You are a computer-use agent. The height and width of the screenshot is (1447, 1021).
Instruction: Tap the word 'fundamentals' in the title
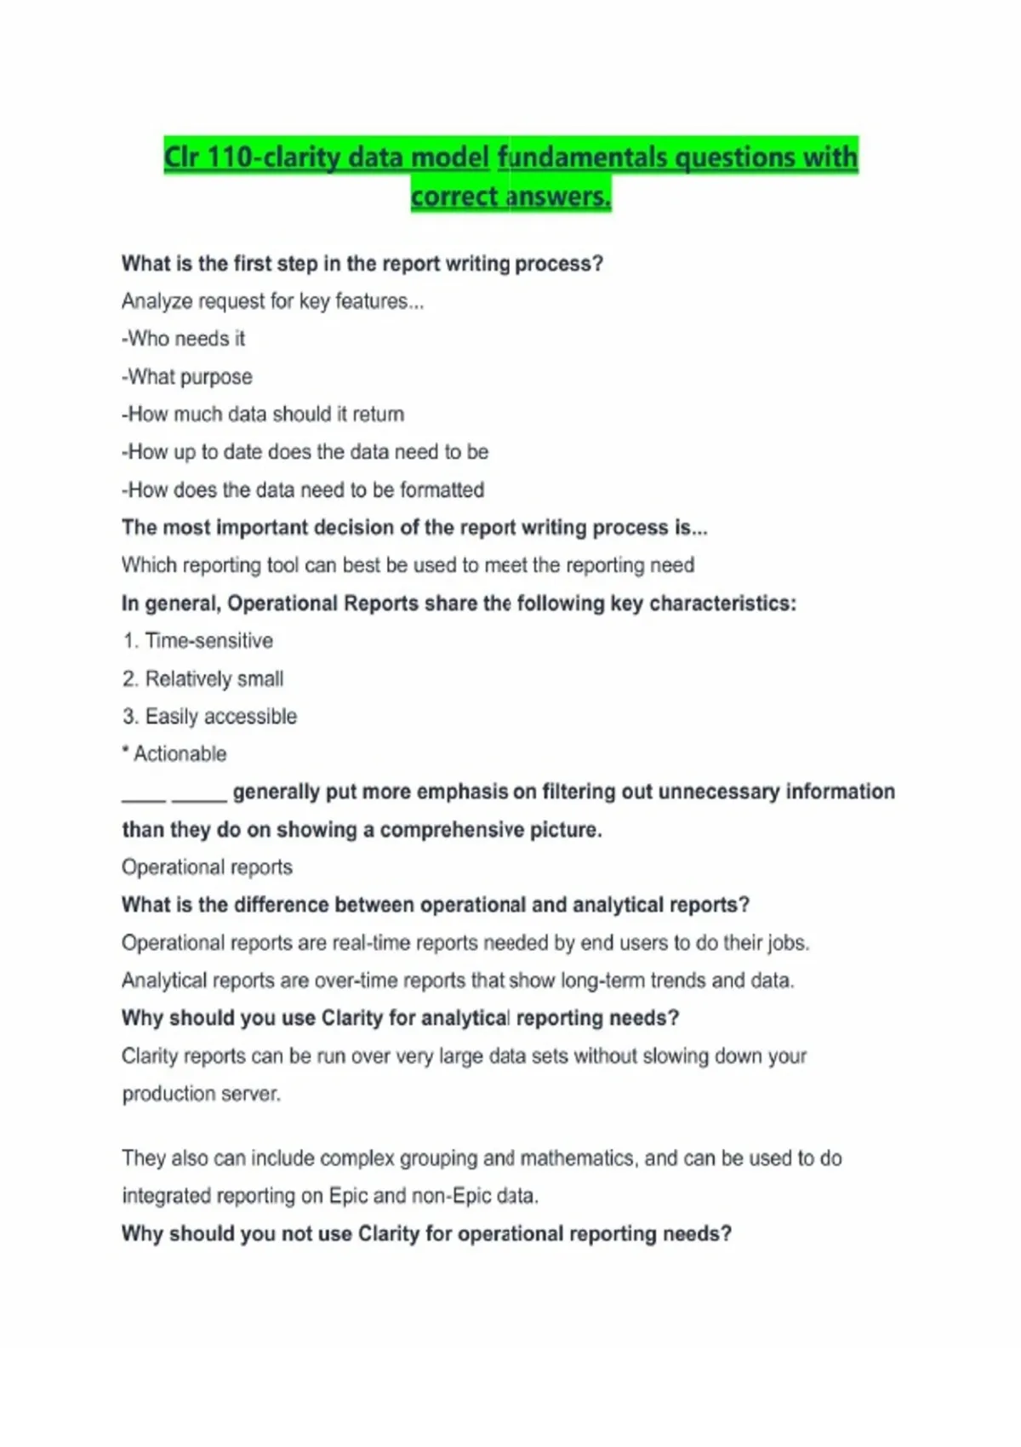(x=584, y=157)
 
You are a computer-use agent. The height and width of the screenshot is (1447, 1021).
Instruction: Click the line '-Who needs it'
(x=183, y=339)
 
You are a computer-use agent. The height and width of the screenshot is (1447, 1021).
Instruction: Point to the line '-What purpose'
(x=187, y=376)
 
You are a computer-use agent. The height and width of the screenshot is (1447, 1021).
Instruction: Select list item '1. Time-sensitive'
(x=197, y=641)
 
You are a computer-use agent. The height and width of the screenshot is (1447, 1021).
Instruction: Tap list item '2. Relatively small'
(x=202, y=679)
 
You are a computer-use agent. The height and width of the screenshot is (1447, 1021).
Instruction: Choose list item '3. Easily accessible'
(x=209, y=717)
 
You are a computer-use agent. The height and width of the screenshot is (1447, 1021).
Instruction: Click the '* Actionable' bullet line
(x=174, y=754)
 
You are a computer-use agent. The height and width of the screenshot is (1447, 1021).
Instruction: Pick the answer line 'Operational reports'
(x=207, y=867)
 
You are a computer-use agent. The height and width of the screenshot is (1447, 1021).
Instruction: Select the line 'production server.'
(x=201, y=1094)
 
